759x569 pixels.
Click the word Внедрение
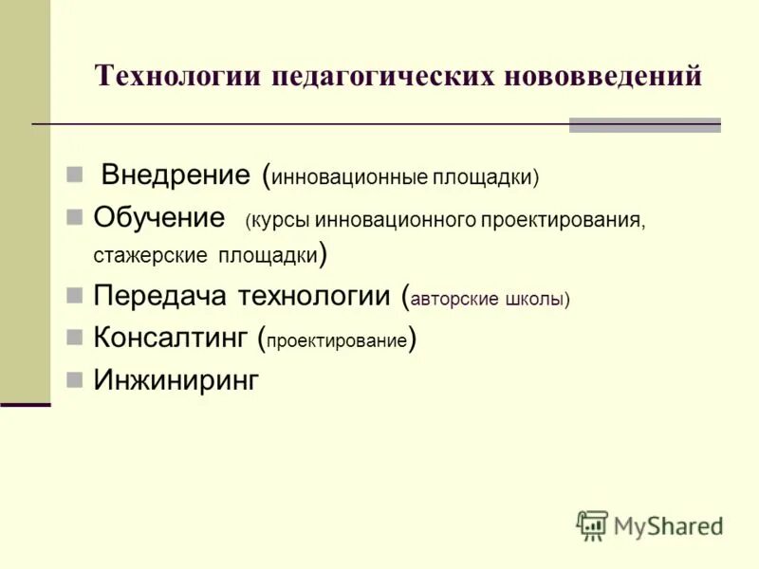[176, 174]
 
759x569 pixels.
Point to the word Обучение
[158, 216]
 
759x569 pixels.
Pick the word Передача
[159, 296]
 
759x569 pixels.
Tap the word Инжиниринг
[176, 380]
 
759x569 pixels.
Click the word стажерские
[150, 256]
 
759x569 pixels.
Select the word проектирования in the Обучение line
[562, 221]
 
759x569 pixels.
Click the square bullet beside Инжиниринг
[75, 380]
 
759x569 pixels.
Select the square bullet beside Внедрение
[75, 175]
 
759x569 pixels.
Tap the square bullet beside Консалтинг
[75, 336]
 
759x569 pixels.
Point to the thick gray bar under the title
[644, 124]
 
